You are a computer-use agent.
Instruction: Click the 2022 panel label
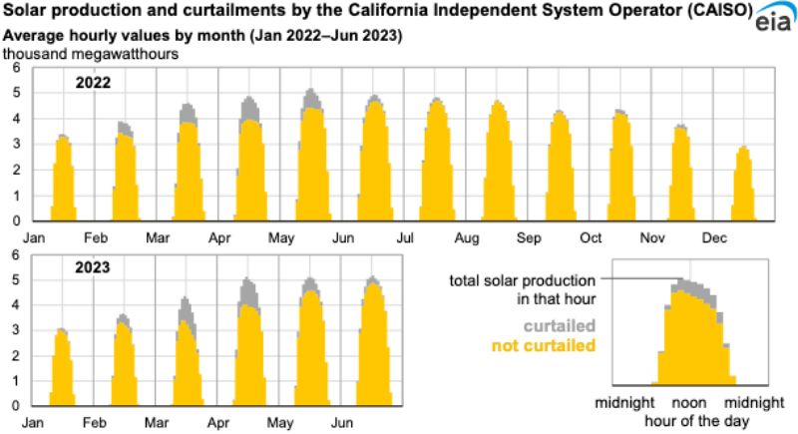96,83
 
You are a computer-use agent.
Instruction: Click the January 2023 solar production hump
62,369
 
